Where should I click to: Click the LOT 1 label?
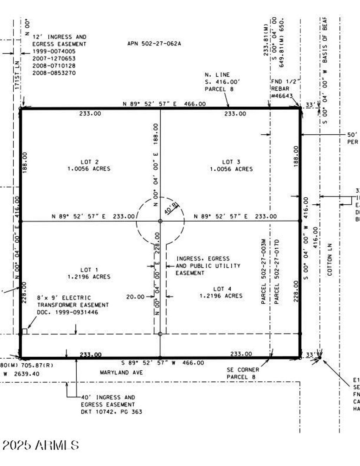coord(89,270)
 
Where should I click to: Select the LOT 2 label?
coord(89,162)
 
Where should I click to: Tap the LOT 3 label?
coord(231,162)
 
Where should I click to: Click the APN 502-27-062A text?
coord(154,44)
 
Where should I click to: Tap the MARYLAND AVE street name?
coord(121,372)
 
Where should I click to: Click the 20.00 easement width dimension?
coord(135,297)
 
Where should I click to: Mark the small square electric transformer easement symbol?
coord(24,331)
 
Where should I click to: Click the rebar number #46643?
coord(282,96)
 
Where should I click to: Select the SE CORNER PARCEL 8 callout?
coord(243,373)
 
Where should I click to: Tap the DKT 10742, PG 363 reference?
coord(111,411)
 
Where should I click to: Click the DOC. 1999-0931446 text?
coord(67,312)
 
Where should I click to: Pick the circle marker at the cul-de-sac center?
coord(160,221)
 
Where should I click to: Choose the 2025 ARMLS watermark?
coord(40,445)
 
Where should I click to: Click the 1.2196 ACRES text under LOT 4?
coord(221,296)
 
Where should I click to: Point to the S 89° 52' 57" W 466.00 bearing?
coord(162,363)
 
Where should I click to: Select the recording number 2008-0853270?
coord(54,73)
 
